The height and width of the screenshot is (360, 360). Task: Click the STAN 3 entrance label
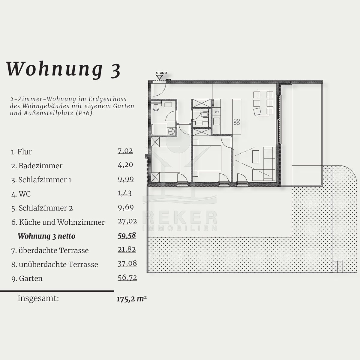161,73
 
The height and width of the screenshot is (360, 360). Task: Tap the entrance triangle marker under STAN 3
160,77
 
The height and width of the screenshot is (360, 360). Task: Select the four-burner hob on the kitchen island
237,122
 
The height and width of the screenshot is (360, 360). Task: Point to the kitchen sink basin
217,121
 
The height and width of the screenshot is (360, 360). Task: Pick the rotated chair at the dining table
257,112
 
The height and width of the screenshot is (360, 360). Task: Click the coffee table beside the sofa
256,157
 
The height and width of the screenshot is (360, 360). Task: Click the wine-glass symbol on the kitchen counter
217,112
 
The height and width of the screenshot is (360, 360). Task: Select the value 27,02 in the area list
127,221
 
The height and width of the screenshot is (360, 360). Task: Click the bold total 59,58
127,235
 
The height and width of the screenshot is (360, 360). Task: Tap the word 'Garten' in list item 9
31,278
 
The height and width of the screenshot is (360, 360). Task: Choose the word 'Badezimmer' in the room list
40,166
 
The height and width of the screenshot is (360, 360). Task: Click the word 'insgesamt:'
38,298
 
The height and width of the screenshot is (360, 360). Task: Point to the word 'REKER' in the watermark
180,217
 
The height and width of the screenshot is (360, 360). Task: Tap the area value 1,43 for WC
124,193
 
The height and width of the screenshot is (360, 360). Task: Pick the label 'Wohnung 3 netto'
46,236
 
